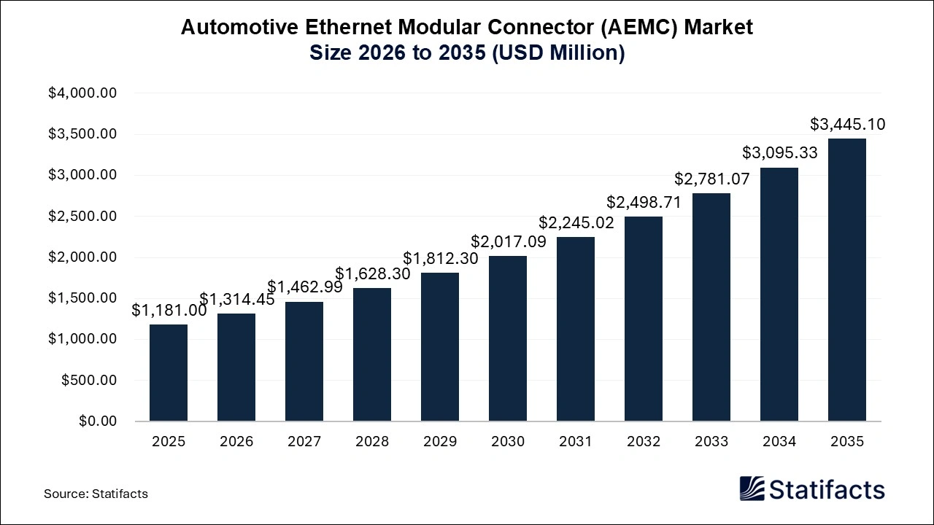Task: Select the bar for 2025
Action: pos(169,373)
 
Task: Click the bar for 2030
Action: pos(508,338)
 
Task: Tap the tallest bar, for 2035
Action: pos(847,280)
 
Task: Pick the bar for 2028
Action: pos(372,354)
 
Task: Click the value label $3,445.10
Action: pos(847,125)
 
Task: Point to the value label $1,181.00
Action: pos(169,311)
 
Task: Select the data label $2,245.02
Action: pos(576,223)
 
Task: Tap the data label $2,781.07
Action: pos(711,179)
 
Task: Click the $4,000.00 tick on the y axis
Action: pos(82,93)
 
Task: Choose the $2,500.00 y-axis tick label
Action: pos(82,217)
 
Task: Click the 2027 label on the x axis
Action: pos(304,442)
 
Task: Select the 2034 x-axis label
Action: pos(779,442)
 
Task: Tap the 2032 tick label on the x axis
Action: pos(644,442)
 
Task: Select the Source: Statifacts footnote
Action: pos(96,494)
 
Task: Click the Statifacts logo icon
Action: pos(752,489)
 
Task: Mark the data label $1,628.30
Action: pos(372,274)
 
